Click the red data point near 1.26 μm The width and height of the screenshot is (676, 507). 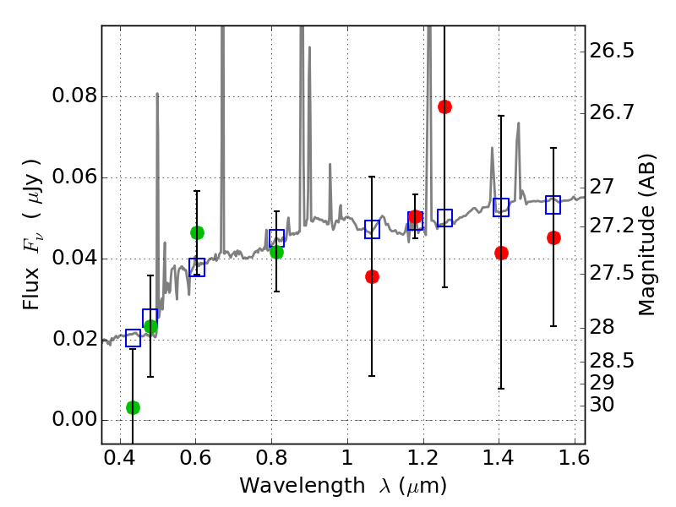[444, 106]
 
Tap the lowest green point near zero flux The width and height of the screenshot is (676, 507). [133, 407]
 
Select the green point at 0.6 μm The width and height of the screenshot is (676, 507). [197, 232]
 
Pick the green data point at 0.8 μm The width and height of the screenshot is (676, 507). [276, 252]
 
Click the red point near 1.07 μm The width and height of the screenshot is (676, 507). [372, 276]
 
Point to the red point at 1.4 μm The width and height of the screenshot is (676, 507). [501, 253]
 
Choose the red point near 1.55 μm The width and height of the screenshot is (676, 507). [553, 237]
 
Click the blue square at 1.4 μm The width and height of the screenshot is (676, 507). [501, 207]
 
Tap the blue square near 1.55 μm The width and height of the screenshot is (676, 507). [553, 204]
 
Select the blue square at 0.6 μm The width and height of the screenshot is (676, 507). [197, 267]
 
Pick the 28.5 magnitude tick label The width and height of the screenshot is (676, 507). [613, 362]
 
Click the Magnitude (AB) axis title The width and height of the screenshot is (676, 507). [647, 235]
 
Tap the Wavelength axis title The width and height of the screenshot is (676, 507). [342, 486]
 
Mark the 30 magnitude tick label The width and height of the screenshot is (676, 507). [603, 406]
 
